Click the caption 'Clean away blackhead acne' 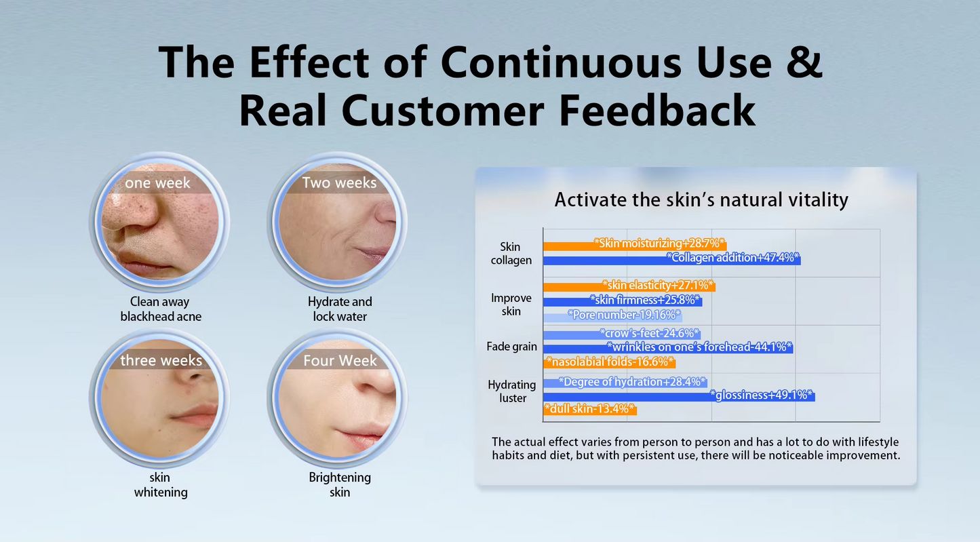pos(160,309)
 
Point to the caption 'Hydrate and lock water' pos(340,309)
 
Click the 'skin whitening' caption pos(160,485)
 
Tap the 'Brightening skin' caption pos(340,485)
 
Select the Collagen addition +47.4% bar pos(671,258)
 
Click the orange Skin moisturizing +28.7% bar pos(635,244)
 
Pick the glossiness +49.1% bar pos(678,395)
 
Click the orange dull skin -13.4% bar pos(590,409)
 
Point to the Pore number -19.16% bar pos(612,315)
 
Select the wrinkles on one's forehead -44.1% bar pos(668,347)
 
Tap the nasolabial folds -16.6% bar pos(609,362)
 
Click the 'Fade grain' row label pos(511,347)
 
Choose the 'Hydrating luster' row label pos(512,391)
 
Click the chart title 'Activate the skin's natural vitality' pos(701,199)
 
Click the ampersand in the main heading pos(805,62)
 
